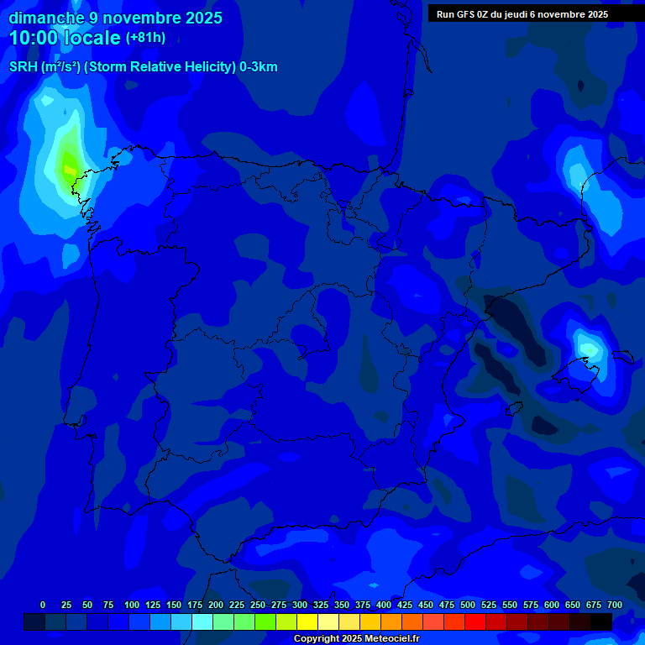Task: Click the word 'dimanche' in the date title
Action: tap(46, 17)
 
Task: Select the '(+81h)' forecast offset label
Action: tap(145, 38)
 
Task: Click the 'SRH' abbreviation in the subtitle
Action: tap(23, 67)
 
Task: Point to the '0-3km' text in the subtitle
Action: tap(259, 67)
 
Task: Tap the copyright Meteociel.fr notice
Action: tap(356, 638)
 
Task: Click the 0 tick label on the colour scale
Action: tap(43, 605)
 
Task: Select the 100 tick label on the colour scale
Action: tap(131, 605)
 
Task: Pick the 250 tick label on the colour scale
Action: tap(258, 605)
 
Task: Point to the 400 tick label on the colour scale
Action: tap(384, 605)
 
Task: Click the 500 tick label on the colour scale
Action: tap(468, 605)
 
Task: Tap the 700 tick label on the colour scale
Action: tap(615, 605)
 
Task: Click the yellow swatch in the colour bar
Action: tap(307, 621)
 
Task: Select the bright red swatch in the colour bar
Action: tap(475, 621)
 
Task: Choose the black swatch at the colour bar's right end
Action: tap(600, 621)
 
